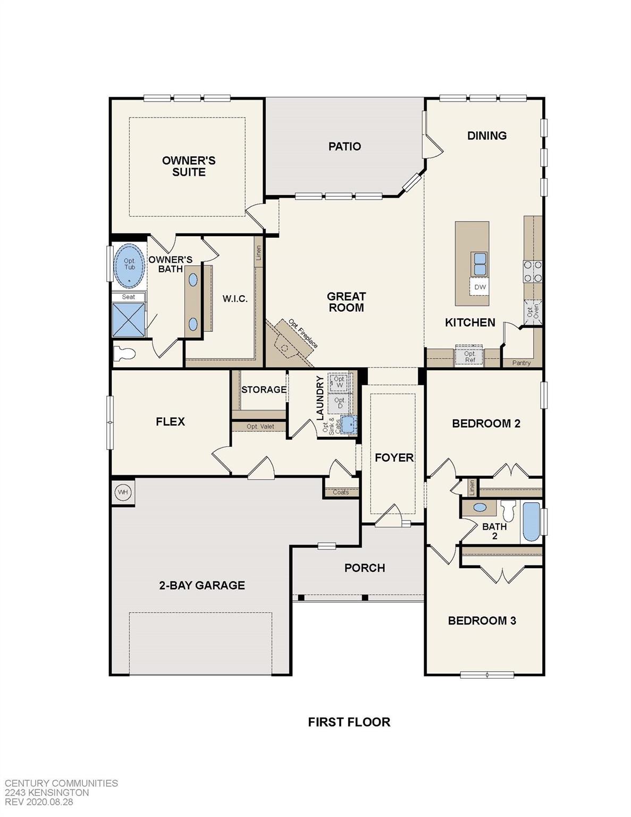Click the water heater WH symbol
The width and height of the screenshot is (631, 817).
123,492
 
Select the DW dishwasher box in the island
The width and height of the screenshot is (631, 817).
479,287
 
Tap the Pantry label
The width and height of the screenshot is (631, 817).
521,363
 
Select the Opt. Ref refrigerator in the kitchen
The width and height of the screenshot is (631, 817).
469,357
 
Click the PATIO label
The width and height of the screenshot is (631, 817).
344,146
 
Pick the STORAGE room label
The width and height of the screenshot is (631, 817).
264,390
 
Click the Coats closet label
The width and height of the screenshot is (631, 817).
341,492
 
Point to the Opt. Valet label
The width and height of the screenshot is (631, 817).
260,427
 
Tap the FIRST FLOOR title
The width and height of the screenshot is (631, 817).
349,722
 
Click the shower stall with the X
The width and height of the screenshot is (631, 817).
129,319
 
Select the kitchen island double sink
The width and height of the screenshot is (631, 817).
479,263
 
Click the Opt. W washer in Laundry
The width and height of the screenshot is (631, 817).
340,382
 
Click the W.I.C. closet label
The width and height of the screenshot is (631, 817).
235,299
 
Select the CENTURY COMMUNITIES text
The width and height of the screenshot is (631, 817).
61,783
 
